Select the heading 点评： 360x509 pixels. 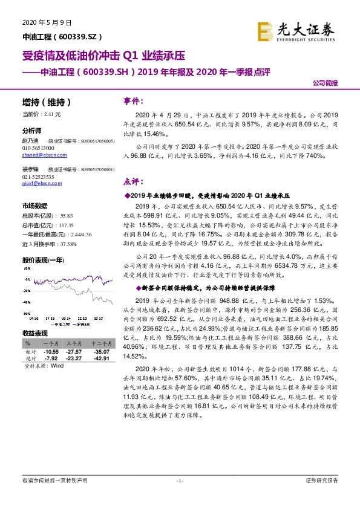[134, 181]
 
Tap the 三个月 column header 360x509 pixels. [74, 344]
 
